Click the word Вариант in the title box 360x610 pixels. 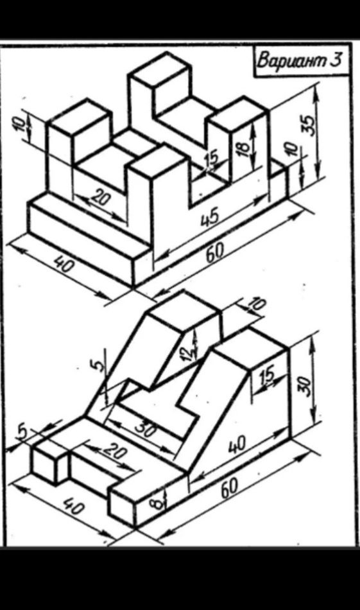pos(290,60)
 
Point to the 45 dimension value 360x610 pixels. pos(210,216)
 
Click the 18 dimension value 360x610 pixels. pos(244,149)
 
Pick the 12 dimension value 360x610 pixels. pos(188,352)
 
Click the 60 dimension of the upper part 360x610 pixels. pos(215,252)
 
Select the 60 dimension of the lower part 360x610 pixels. pos(230,487)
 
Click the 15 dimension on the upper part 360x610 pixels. pos(212,159)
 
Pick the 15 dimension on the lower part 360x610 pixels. pos(268,374)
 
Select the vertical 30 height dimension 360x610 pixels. pos(307,387)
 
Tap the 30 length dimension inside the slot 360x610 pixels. pos(146,430)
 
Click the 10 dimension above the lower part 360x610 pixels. pos(257,305)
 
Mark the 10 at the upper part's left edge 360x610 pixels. pos(22,124)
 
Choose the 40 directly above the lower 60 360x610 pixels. pos(237,444)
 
